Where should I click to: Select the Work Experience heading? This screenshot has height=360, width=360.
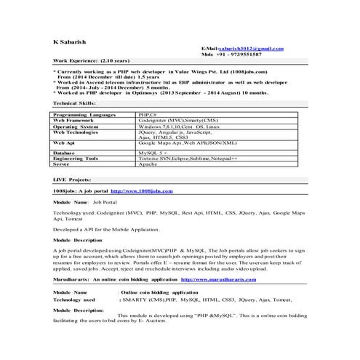point(82,63)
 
